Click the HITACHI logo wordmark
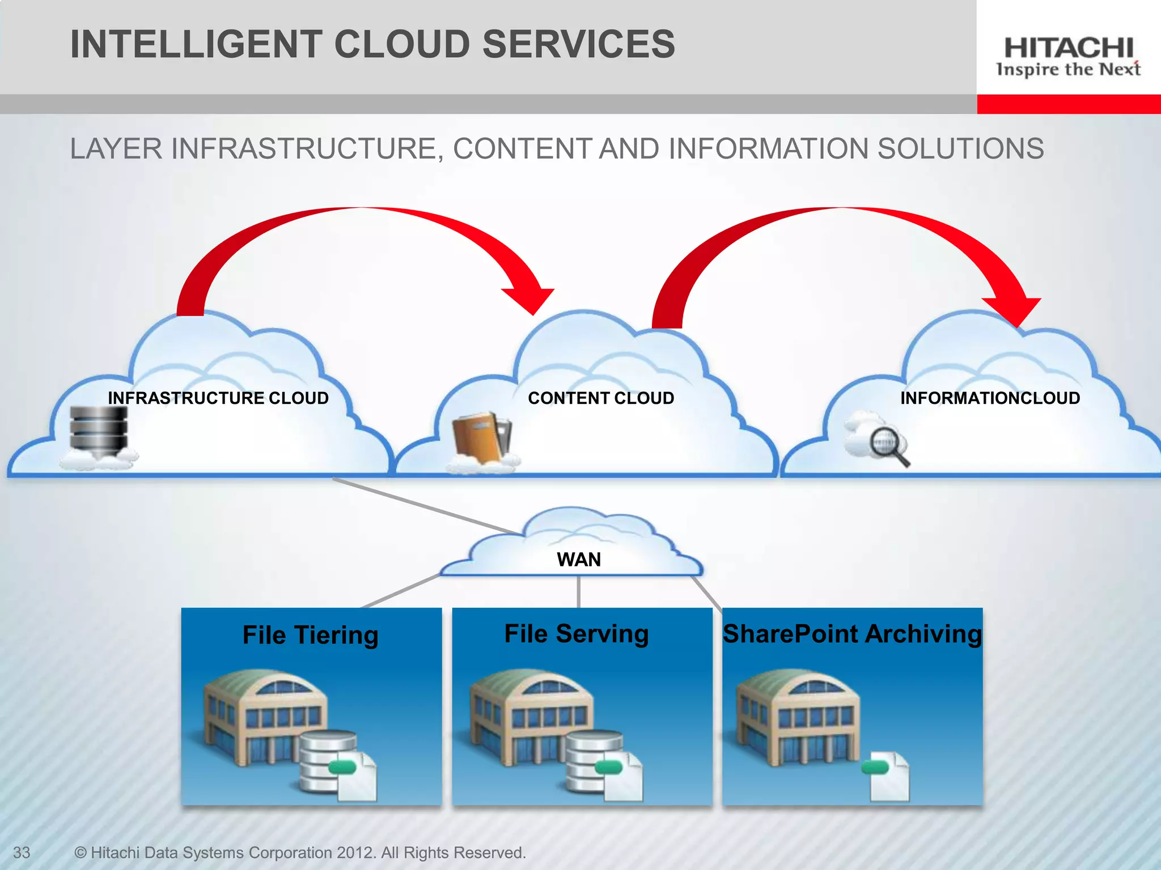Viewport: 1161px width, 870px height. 1068,48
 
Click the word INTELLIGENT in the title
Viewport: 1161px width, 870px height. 196,44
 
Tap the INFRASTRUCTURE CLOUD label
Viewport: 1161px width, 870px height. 218,398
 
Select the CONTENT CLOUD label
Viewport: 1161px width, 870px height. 601,398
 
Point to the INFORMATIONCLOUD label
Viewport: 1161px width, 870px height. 990,398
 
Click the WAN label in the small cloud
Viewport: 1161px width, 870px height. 579,560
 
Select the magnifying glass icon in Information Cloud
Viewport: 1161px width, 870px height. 887,445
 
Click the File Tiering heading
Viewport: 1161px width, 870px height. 310,635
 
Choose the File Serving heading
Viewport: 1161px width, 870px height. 577,633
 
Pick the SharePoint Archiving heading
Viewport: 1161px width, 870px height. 852,633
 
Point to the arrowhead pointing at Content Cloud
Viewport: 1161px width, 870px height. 530,297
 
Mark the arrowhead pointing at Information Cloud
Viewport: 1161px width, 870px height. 1015,309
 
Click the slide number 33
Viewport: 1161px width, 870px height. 22,852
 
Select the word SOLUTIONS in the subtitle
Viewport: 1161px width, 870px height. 960,149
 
